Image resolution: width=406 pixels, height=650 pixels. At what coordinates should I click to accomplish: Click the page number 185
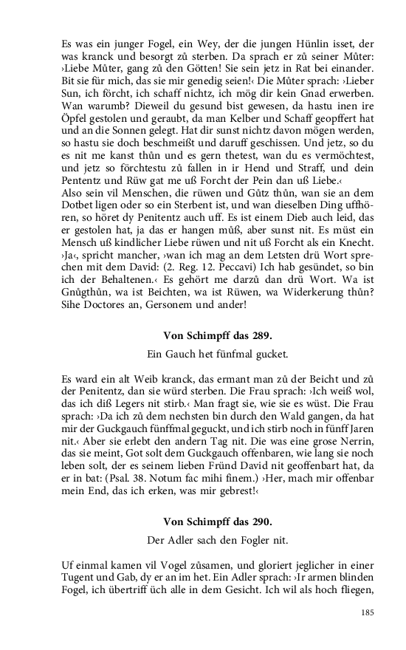370,612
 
